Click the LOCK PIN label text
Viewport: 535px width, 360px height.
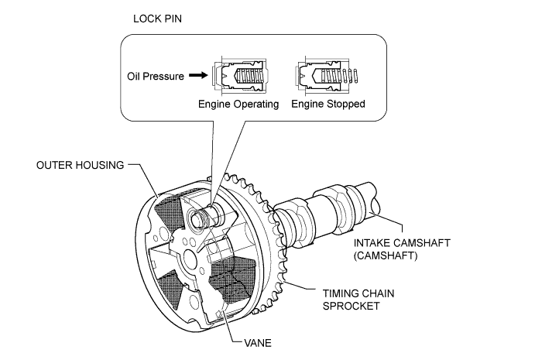point(157,19)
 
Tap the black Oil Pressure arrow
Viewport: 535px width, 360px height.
point(198,75)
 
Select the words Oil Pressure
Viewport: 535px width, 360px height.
point(156,76)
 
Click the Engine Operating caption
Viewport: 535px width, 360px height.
point(238,104)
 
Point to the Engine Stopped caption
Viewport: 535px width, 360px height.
point(328,104)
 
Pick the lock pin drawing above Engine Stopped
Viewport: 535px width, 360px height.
point(327,76)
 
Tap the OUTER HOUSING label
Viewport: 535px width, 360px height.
point(81,165)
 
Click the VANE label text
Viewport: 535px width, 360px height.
point(258,343)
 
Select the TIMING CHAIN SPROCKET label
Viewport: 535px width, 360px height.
point(358,300)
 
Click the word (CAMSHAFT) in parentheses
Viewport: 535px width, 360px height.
point(386,255)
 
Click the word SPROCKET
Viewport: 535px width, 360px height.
point(351,306)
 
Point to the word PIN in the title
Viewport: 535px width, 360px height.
point(173,19)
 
